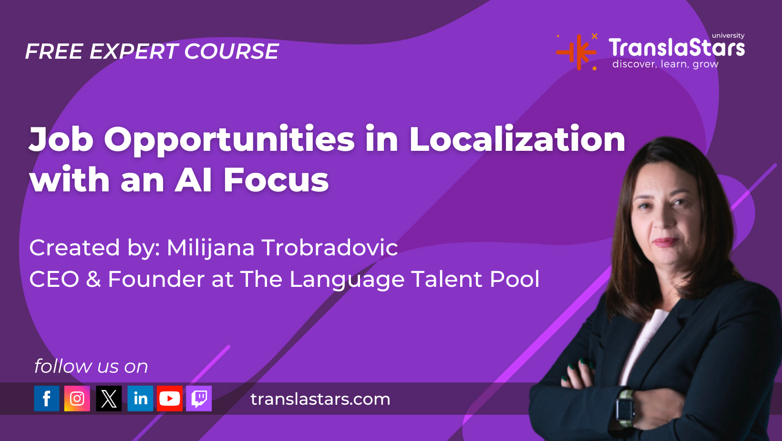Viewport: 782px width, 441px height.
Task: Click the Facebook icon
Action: [46, 399]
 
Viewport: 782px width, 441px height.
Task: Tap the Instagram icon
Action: [77, 399]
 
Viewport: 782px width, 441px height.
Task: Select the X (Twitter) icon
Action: [109, 399]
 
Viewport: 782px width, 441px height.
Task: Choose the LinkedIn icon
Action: [140, 399]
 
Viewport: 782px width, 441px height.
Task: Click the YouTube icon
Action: [170, 399]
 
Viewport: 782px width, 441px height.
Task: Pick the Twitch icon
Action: [199, 399]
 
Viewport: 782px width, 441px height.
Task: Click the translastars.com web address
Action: [320, 399]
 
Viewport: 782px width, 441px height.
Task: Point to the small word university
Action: [728, 36]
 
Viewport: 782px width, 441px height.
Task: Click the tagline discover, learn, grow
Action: [665, 64]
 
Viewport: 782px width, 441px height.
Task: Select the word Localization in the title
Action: [517, 139]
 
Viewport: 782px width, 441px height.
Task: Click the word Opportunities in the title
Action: [229, 141]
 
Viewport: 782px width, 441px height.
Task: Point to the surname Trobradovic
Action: [330, 248]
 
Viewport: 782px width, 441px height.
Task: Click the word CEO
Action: [54, 279]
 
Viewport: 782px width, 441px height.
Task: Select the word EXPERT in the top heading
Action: [134, 52]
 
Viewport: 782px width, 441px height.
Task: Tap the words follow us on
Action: [91, 366]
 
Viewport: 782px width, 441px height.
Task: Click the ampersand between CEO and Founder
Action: [93, 279]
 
